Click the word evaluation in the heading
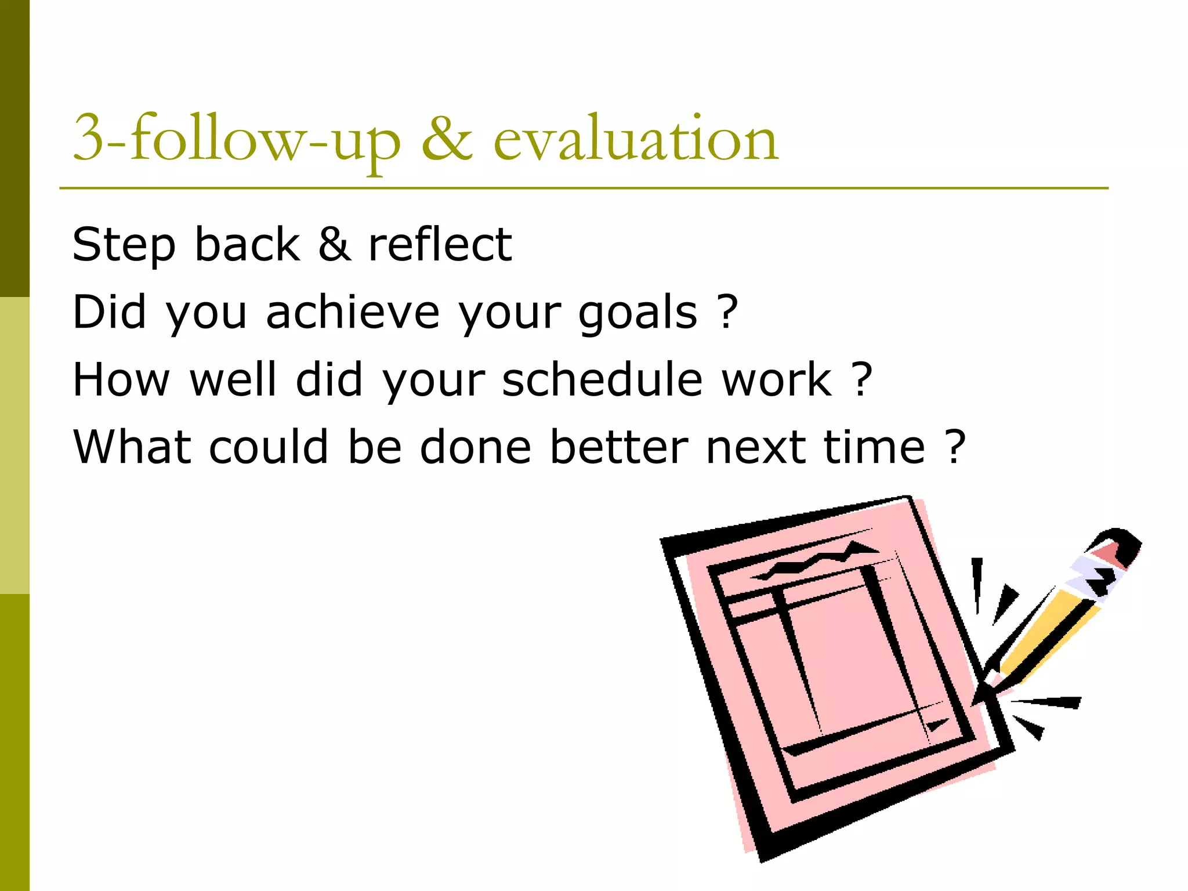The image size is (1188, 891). [x=635, y=139]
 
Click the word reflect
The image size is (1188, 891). [x=440, y=244]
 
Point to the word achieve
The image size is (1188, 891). [x=352, y=312]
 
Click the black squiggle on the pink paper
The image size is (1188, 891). [x=812, y=560]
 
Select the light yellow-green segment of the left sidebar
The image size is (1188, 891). [x=15, y=445]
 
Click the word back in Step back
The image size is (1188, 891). [x=247, y=244]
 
